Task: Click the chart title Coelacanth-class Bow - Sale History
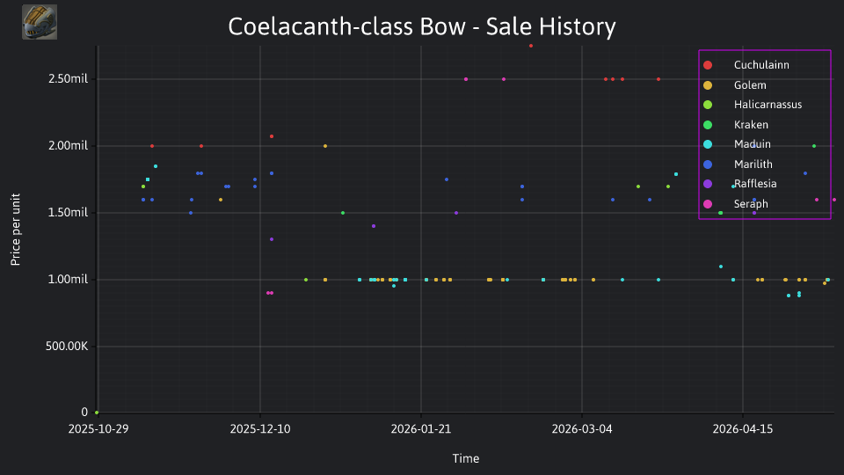pos(421,26)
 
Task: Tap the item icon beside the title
pos(40,22)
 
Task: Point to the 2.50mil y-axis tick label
pos(68,78)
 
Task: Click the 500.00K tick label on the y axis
pos(67,346)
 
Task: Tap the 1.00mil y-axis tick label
pos(68,279)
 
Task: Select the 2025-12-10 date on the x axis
pos(260,428)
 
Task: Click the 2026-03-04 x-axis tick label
pos(582,428)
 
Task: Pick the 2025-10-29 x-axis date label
pos(98,428)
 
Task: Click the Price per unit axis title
pos(15,230)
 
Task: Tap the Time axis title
pos(466,458)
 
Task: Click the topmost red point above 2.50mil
pos(531,46)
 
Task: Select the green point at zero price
pos(97,413)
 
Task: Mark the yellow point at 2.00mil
pos(325,146)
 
